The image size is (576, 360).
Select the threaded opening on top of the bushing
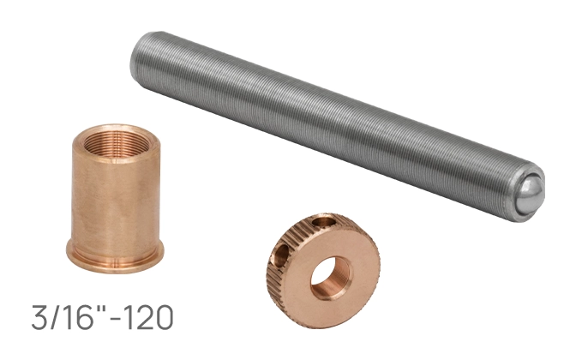point(117,142)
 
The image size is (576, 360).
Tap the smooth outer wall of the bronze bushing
point(116,198)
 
